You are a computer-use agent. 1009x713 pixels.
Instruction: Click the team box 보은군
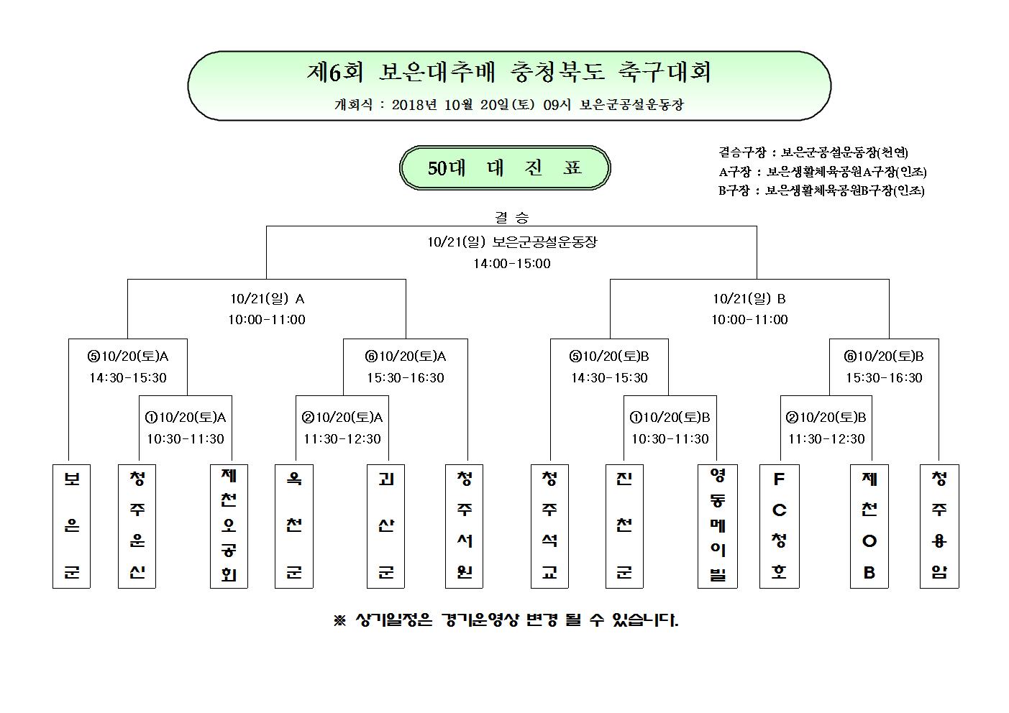pos(72,526)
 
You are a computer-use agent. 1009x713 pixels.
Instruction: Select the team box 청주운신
pos(137,526)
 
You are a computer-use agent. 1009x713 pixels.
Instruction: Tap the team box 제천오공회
pos(229,526)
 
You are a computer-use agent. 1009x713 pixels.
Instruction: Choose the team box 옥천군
pos(294,526)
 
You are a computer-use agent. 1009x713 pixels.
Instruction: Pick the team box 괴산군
pos(386,526)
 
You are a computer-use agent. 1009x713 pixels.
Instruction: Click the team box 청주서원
pos(465,526)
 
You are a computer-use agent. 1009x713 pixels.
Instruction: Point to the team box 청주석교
pos(550,526)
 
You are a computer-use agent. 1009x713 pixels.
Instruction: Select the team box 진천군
pos(624,526)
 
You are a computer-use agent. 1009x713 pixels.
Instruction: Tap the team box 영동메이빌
pos(718,526)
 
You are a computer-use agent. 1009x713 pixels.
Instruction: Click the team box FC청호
pos(780,526)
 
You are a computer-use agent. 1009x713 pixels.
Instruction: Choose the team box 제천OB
pos(869,526)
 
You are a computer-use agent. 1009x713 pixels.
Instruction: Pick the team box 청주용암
pos(939,526)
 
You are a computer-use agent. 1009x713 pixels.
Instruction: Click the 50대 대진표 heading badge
pos(505,168)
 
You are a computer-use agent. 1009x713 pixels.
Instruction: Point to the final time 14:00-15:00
pos(512,263)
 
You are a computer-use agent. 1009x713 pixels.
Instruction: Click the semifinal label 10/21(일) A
pos(268,298)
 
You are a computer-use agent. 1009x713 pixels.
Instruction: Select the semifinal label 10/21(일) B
pos(749,298)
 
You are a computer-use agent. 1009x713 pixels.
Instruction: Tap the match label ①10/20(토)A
pos(186,418)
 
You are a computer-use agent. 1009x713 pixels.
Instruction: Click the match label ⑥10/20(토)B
pos(884,356)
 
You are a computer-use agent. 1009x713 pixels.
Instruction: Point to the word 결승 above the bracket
pos(512,217)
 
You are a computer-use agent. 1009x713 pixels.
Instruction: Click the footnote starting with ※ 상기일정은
pos(506,620)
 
